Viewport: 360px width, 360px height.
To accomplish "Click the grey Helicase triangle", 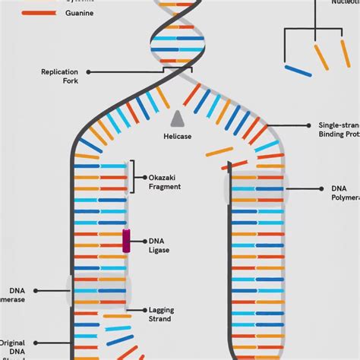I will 178,118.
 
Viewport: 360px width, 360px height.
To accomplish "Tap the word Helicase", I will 178,137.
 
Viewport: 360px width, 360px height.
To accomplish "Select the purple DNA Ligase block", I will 126,240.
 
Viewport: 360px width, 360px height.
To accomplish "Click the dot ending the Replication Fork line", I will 88,72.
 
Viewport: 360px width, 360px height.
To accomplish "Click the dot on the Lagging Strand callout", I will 147,310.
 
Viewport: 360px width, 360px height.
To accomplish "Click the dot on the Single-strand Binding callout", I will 310,125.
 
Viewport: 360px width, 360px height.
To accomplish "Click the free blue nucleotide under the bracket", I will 298,71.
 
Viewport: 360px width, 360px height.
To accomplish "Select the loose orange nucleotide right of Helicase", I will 219,151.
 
